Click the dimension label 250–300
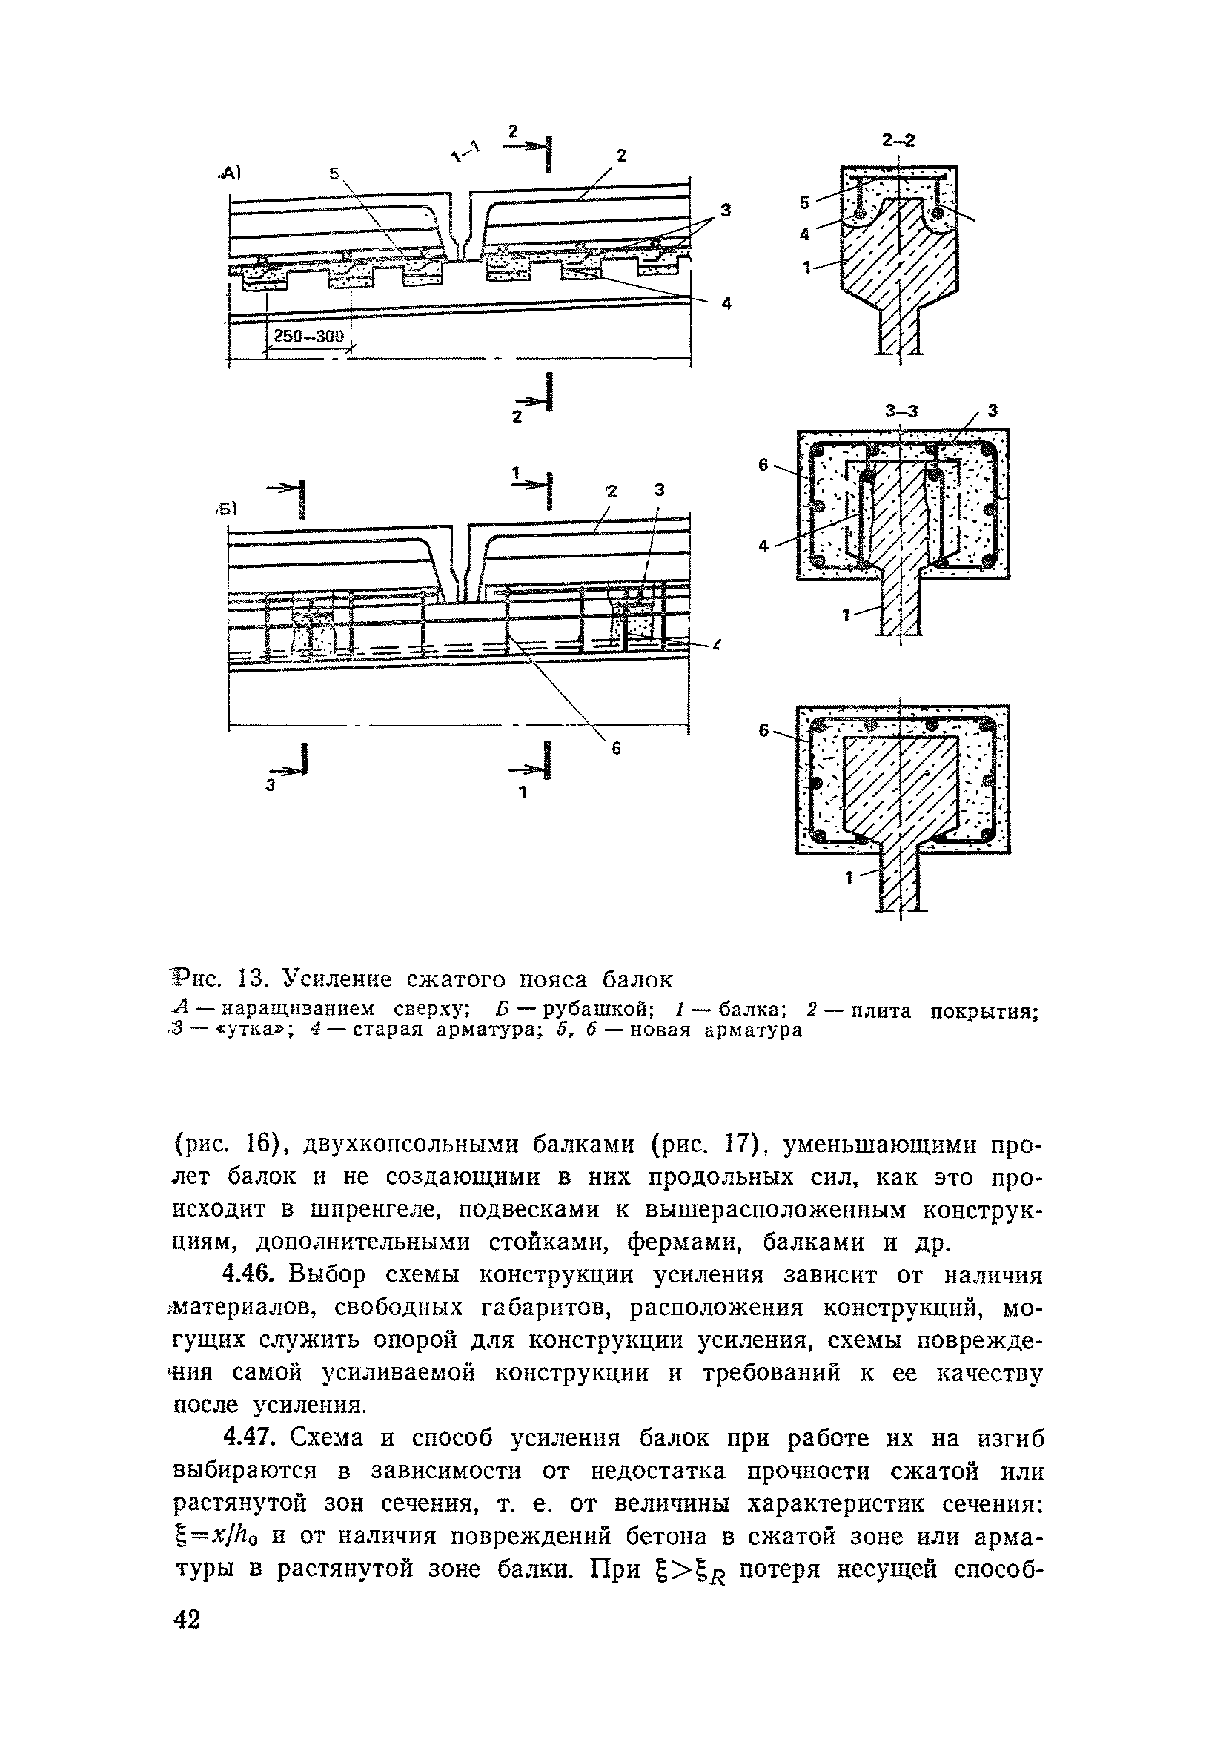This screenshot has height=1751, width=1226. (310, 336)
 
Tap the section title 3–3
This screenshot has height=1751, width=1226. (902, 411)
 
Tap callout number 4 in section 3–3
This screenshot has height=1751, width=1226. (765, 546)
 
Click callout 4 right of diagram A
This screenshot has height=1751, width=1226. (726, 303)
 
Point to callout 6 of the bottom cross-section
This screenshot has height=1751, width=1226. (763, 731)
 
